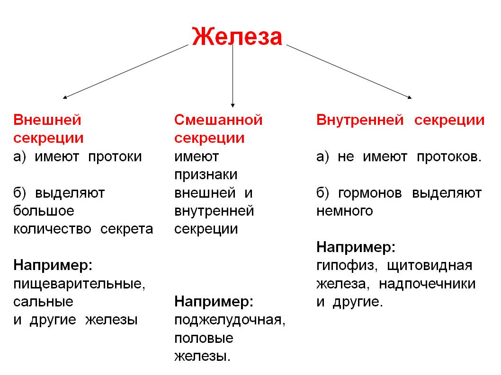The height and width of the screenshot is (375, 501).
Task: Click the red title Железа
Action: click(237, 37)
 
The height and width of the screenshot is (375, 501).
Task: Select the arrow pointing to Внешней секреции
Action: click(125, 71)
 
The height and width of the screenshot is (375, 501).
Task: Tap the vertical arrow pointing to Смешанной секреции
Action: click(233, 76)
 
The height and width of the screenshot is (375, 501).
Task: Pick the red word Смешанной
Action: click(218, 120)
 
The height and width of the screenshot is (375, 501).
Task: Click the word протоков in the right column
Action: click(449, 157)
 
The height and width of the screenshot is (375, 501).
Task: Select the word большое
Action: click(44, 211)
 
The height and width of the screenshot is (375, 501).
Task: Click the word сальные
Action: click(43, 302)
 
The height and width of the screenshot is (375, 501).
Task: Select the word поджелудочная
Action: click(230, 320)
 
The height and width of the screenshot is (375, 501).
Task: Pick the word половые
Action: click(204, 338)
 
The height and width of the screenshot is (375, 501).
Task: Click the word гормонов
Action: click(370, 193)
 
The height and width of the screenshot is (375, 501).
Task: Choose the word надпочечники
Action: click(427, 283)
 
